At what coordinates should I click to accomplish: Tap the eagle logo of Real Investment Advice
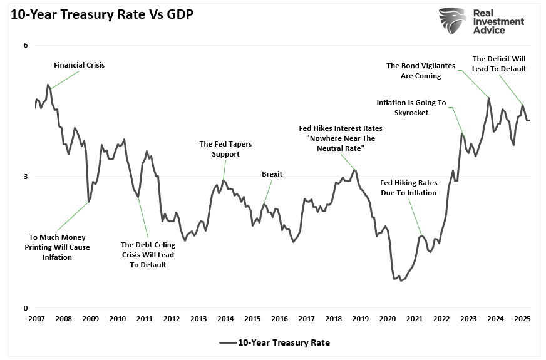tap(452, 21)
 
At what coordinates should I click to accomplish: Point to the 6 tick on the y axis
tap(26, 45)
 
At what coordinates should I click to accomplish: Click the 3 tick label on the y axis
tap(26, 177)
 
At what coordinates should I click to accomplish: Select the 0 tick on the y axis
tap(26, 308)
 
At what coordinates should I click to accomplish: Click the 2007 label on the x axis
tap(36, 319)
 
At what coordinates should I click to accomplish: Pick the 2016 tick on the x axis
tap(279, 319)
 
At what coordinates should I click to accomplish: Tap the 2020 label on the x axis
tap(388, 319)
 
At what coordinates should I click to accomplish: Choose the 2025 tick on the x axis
tap(522, 319)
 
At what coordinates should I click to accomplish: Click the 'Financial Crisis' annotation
tap(79, 65)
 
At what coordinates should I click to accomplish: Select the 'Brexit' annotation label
tap(272, 174)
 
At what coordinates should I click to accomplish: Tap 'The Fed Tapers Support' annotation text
tap(225, 149)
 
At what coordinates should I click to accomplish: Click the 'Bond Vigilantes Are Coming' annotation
tap(420, 71)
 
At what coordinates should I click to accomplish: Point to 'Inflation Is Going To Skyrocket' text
tap(411, 108)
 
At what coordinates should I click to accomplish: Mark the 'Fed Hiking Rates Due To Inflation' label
tap(408, 188)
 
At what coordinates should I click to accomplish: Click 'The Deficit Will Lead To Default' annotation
tap(499, 64)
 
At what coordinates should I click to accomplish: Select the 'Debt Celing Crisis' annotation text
tap(148, 255)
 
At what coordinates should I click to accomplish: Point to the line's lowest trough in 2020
tap(401, 280)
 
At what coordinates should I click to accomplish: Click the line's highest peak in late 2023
tap(488, 98)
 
